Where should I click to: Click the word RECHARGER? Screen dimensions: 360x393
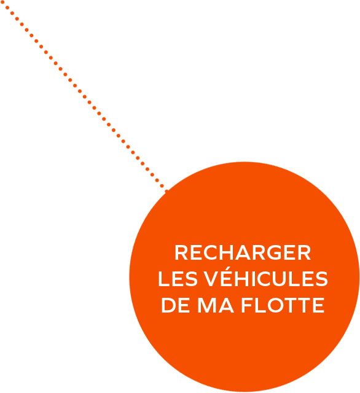(x=243, y=252)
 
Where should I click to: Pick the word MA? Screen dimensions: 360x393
(x=216, y=305)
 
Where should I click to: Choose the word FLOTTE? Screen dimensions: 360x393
(x=283, y=305)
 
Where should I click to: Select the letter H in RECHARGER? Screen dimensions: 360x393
(x=227, y=252)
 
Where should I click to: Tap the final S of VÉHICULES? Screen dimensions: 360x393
(x=321, y=279)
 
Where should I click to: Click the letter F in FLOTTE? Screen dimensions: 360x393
(x=247, y=305)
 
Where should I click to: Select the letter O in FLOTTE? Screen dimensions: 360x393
(x=275, y=305)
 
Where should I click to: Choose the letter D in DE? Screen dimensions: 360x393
(x=168, y=305)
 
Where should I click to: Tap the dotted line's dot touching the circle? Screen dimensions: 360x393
(x=166, y=192)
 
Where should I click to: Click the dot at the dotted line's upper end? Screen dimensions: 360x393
(x=2, y=2)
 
